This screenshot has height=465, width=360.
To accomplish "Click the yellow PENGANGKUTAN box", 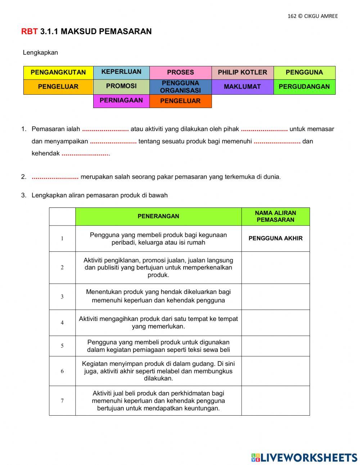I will point(58,72).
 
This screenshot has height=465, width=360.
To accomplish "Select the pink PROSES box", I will point(180,72).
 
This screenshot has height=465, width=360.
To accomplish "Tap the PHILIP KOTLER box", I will point(242,72).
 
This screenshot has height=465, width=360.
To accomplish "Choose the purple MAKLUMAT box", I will point(242,87).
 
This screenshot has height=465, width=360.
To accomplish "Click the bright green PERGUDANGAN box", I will point(304,87).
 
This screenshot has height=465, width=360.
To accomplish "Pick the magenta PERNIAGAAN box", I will point(121,100).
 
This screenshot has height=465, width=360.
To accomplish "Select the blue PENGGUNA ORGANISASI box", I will point(180,87).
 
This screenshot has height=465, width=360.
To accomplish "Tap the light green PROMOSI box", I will point(121,86).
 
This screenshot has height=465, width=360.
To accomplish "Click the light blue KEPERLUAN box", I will point(121,72).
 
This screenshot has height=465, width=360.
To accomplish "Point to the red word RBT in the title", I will point(29,32).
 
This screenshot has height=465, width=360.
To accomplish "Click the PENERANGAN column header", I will point(158,216).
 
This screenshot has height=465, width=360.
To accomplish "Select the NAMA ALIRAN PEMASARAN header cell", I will point(275,216).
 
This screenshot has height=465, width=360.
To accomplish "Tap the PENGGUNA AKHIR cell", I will point(275,238).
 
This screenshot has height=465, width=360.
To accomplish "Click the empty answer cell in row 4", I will point(275,323).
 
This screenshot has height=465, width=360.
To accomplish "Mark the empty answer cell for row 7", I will point(275,401).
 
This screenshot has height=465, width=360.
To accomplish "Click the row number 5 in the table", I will point(62,346).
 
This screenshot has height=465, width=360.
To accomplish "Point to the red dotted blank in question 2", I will point(55,177).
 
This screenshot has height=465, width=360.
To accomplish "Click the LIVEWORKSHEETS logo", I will point(304,457).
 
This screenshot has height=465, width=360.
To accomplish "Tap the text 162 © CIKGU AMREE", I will point(312,16).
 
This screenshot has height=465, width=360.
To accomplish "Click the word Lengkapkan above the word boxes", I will point(40,53).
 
